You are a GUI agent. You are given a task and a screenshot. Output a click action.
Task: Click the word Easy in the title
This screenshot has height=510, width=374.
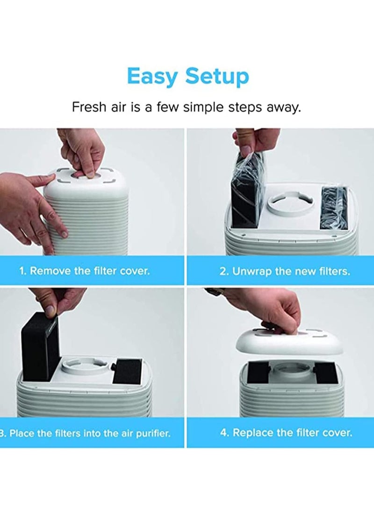152,77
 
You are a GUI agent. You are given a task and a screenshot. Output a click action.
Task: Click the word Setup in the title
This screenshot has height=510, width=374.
217,77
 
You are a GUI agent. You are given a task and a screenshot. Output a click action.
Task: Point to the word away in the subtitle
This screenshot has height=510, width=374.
284,108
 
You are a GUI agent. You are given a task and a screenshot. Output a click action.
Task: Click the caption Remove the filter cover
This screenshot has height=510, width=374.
89,271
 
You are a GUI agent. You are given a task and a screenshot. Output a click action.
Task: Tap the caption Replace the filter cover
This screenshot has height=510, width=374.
292,433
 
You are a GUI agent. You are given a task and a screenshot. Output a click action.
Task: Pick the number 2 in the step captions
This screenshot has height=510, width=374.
223,271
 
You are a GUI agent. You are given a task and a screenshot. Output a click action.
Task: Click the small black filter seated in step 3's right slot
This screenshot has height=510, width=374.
128,371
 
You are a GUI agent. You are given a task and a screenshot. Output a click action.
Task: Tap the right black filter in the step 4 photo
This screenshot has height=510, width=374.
326,374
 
